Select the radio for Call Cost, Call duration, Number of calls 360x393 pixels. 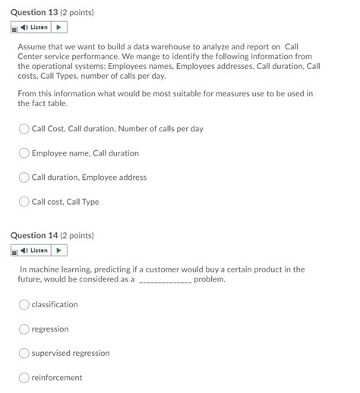pyautogui.click(x=24, y=129)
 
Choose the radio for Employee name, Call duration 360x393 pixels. pyautogui.click(x=24, y=153)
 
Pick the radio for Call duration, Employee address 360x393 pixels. pyautogui.click(x=24, y=178)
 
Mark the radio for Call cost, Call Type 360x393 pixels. pyautogui.click(x=24, y=202)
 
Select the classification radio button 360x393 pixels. pyautogui.click(x=24, y=305)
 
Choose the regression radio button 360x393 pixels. pyautogui.click(x=24, y=329)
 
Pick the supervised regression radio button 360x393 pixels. pyautogui.click(x=24, y=354)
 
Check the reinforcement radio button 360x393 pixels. pyautogui.click(x=24, y=378)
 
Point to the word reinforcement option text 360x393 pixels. pyautogui.click(x=57, y=378)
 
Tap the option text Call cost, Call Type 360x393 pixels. pyautogui.click(x=65, y=202)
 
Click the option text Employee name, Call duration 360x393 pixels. pyautogui.click(x=85, y=153)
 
